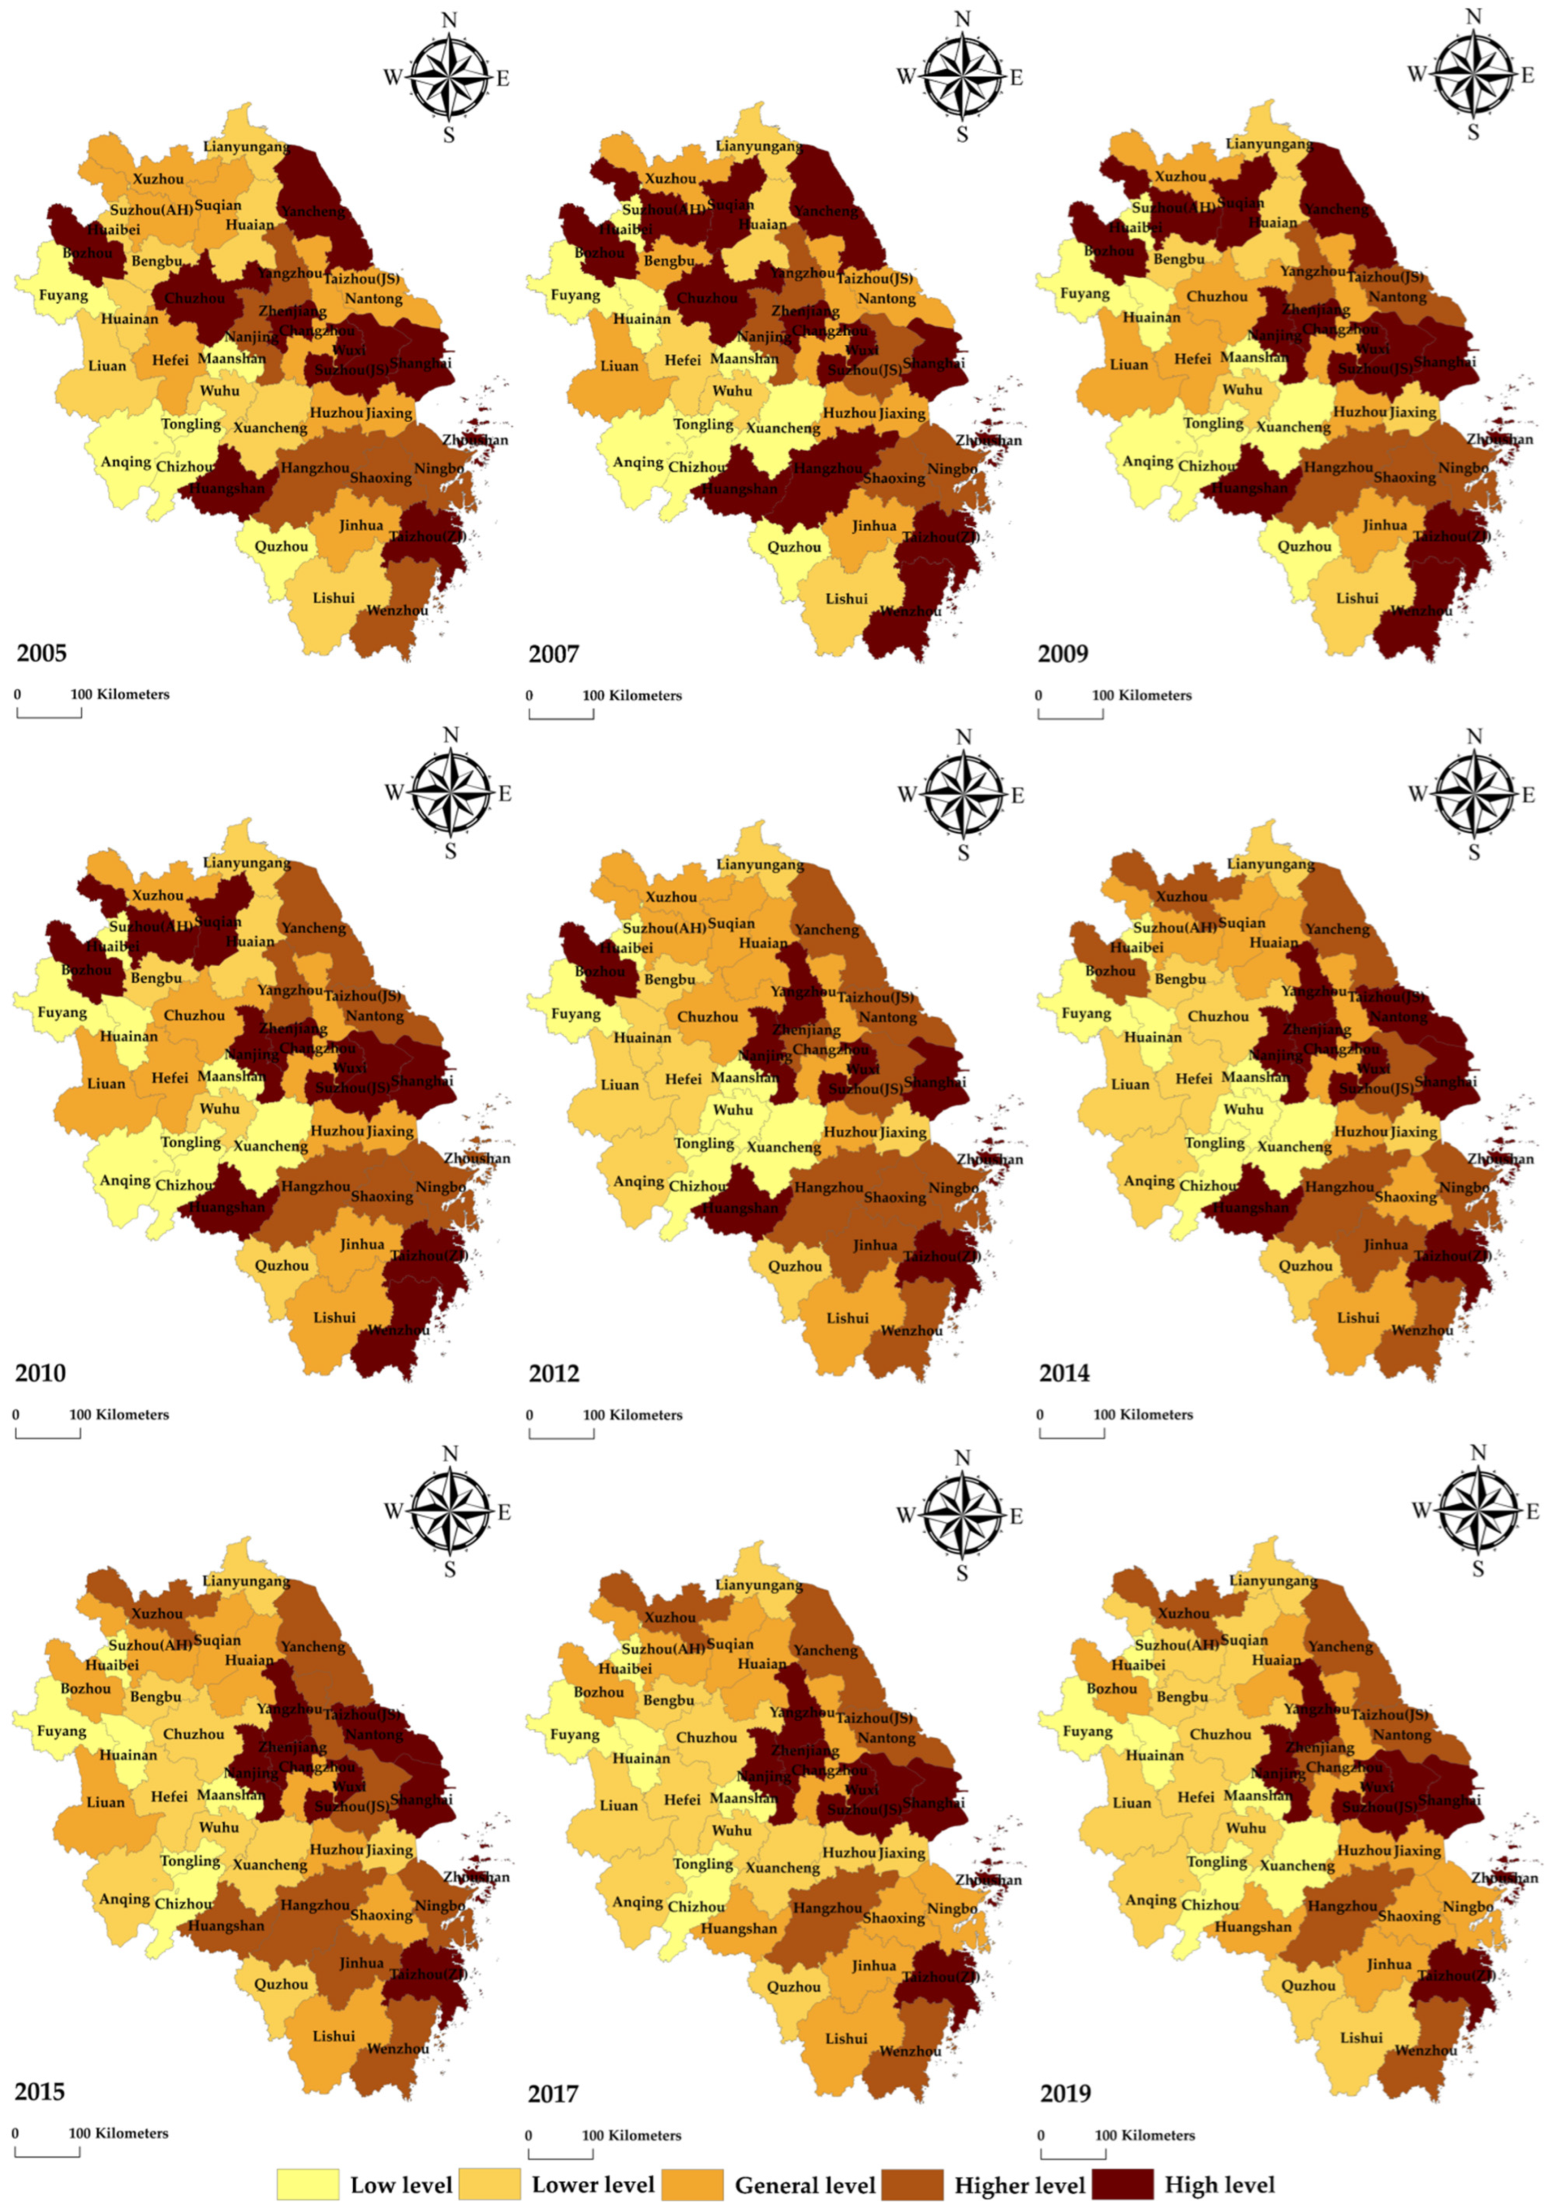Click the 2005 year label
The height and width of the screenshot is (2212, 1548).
click(x=41, y=653)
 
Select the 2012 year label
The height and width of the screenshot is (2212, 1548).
click(x=554, y=1373)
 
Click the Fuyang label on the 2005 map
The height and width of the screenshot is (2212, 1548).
click(x=62, y=295)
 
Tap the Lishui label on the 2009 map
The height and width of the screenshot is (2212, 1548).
click(x=1357, y=598)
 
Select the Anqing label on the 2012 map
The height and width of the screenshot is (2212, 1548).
click(x=638, y=1181)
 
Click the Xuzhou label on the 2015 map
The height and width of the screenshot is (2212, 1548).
click(x=157, y=1614)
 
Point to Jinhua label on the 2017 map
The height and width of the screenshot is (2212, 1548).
click(x=874, y=1966)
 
